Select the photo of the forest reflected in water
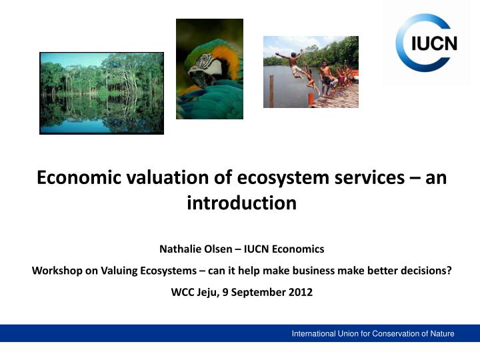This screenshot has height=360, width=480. tap(101, 93)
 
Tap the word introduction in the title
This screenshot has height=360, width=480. tap(241, 203)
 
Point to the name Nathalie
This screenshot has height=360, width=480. tap(181, 249)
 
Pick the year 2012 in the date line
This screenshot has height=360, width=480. tap(301, 291)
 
